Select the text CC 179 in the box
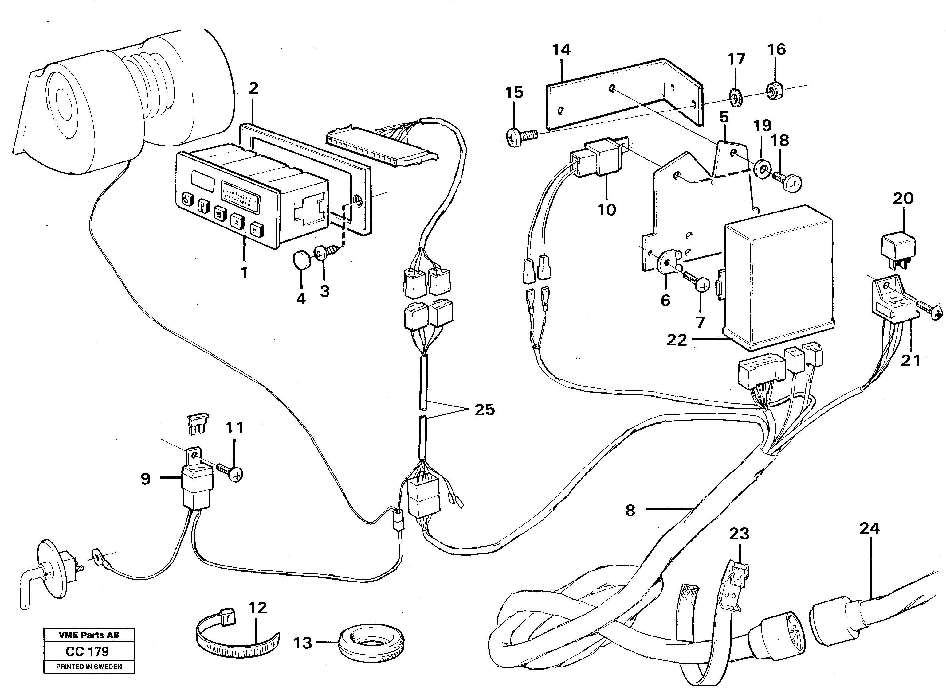87,651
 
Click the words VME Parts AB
89,635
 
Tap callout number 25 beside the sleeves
484,409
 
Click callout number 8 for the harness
630,510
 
